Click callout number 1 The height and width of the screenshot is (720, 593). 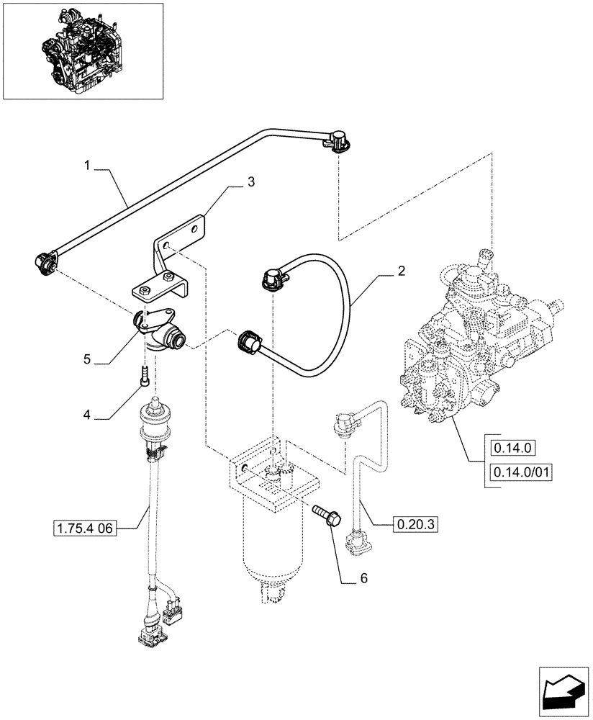click(86, 165)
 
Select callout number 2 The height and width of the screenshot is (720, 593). click(401, 271)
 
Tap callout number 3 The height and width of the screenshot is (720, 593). click(250, 183)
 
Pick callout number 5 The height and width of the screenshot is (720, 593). click(87, 358)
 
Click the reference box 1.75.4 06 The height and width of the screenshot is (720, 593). click(85, 528)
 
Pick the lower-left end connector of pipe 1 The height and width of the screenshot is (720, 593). click(46, 264)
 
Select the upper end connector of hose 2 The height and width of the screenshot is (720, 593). click(273, 280)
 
